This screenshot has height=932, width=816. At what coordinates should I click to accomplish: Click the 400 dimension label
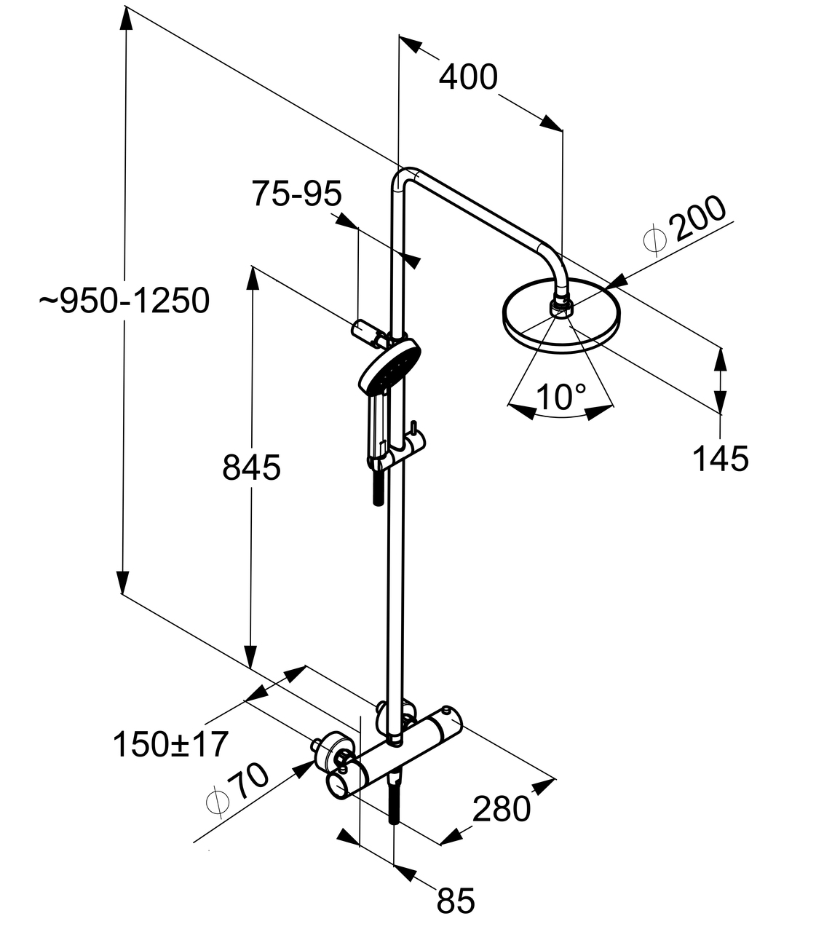468,76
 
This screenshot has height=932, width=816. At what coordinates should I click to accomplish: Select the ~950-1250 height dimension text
124,300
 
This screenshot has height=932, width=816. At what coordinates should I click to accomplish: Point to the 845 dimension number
251,468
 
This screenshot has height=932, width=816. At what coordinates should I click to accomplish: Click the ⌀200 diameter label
687,226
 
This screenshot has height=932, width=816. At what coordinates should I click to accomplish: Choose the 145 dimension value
719,459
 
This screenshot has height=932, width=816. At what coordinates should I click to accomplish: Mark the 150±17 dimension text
171,744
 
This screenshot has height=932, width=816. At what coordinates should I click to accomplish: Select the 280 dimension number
502,809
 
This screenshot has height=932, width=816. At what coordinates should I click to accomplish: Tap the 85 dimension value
456,900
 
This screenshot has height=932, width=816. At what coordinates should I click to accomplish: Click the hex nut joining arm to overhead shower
560,306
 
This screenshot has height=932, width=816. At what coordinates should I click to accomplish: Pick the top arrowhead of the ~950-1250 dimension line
126,17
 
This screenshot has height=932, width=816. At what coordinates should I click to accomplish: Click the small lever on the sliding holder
413,429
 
